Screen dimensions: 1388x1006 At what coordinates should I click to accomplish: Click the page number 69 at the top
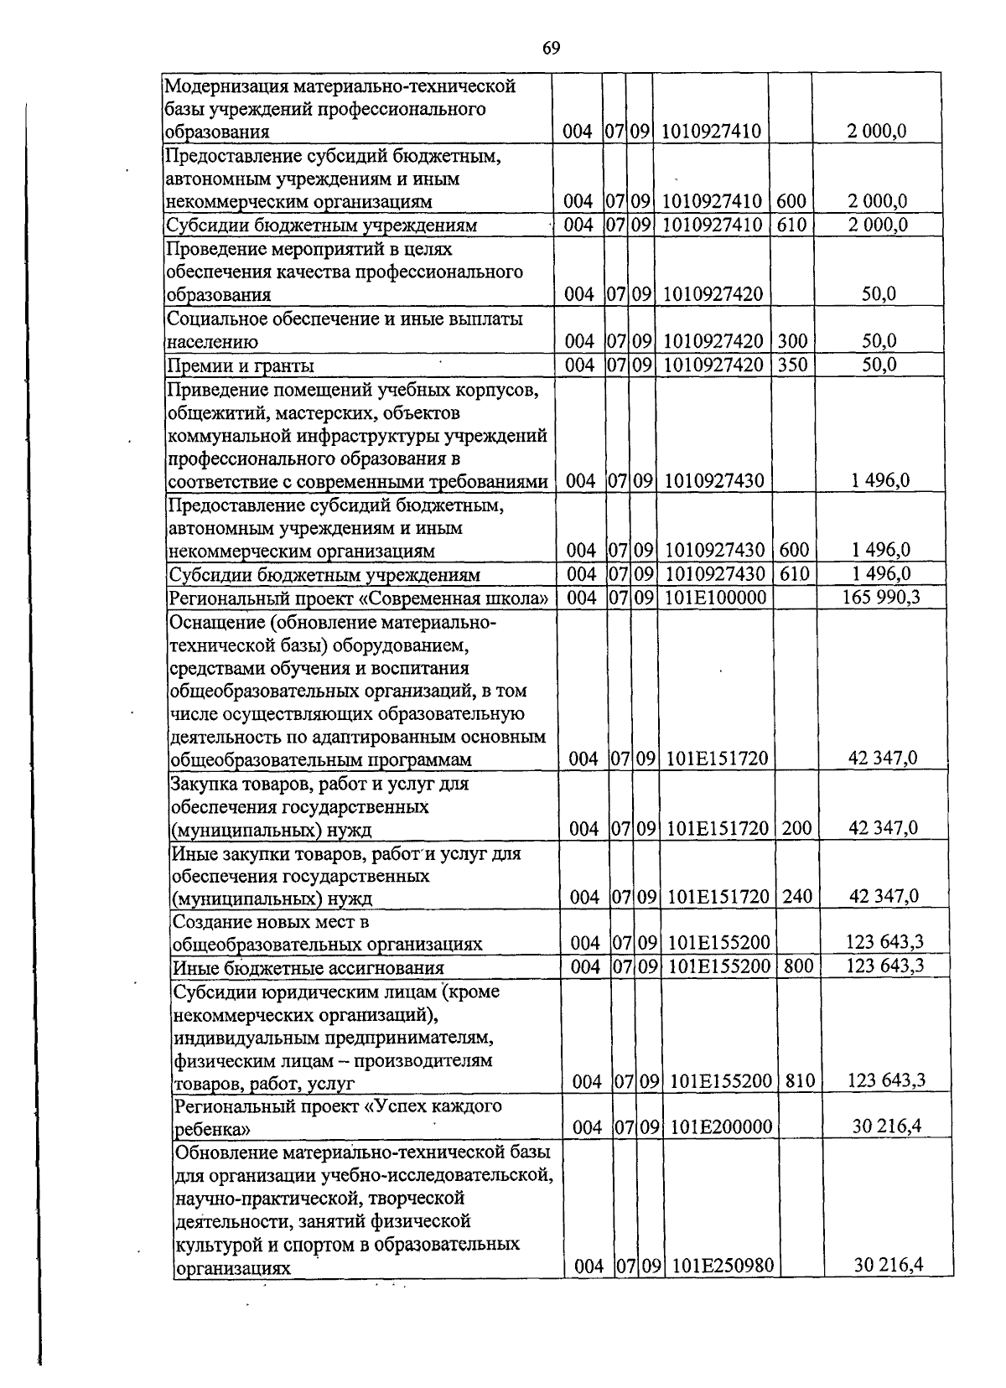pos(551,48)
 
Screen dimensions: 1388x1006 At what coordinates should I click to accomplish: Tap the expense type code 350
pos(791,365)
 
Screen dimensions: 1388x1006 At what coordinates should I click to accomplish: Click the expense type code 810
pos(801,1081)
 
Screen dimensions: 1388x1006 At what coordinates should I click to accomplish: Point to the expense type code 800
pos(799,966)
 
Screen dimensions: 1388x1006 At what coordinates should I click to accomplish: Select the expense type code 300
pos(791,341)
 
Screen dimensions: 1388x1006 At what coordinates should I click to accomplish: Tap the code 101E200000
pos(721,1127)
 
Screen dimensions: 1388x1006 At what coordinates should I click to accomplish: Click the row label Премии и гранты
pos(241,365)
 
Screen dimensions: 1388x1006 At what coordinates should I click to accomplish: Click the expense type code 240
pos(797,897)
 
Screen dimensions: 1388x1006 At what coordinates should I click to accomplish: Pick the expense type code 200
pos(796,828)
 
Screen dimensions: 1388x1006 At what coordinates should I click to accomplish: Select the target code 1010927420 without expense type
pos(713,294)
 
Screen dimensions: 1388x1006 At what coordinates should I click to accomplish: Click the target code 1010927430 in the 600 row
pos(714,551)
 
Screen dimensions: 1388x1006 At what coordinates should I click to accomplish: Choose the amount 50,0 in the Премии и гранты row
pos(879,365)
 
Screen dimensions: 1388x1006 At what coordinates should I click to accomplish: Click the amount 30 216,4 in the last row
pos(888,1288)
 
